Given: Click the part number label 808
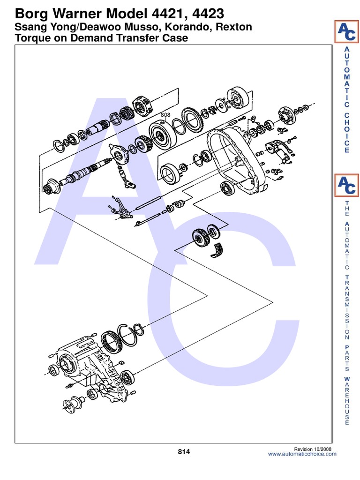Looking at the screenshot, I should click(x=165, y=114).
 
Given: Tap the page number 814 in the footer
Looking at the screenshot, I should click(x=184, y=451).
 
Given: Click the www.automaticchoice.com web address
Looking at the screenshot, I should click(x=302, y=454).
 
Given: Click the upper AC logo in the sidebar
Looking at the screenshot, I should click(x=346, y=32).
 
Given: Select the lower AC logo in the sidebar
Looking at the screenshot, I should click(x=346, y=185).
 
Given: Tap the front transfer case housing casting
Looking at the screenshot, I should click(x=89, y=370).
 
